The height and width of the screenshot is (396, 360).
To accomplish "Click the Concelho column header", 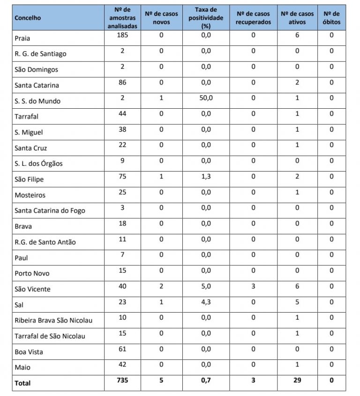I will (x=28, y=18).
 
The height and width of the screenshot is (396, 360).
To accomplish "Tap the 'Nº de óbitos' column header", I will (x=331, y=18).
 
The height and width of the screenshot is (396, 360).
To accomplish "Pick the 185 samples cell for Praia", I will (x=122, y=35).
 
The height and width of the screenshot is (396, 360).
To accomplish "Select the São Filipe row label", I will (x=29, y=179).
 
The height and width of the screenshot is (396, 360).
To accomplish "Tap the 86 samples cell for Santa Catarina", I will (x=122, y=82).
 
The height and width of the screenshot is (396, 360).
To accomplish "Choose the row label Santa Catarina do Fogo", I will (x=50, y=210).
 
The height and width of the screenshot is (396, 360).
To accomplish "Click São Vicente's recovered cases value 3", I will (x=253, y=286).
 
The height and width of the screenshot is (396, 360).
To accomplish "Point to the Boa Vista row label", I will (x=29, y=351).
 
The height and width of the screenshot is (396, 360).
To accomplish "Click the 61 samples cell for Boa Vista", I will (x=122, y=349).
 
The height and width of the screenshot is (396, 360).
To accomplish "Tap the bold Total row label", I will (x=22, y=383).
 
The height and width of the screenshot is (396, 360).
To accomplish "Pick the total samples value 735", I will (x=122, y=380).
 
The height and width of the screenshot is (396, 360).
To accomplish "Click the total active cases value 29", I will (x=297, y=380).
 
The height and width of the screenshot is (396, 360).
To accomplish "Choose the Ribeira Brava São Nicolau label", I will (x=53, y=320).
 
